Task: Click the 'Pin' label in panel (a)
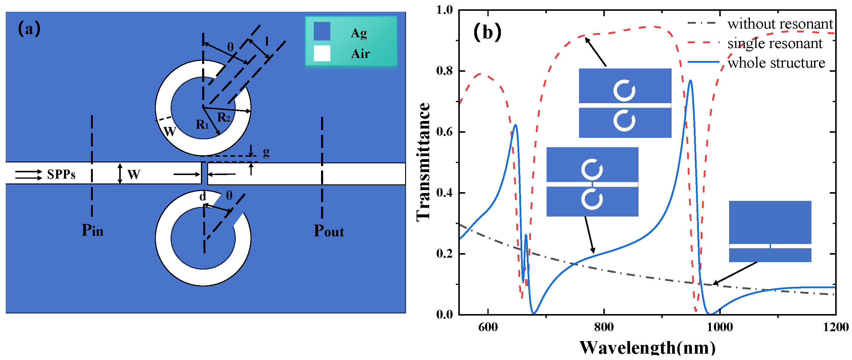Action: (x=92, y=230)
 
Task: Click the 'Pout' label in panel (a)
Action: (x=329, y=231)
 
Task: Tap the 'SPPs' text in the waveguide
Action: (x=61, y=174)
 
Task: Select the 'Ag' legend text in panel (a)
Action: (x=359, y=33)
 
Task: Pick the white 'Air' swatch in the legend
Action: (x=322, y=53)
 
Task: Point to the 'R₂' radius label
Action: (x=223, y=117)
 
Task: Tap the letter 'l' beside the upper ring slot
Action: (x=267, y=42)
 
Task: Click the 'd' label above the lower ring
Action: (x=202, y=197)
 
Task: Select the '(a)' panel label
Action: (x=29, y=29)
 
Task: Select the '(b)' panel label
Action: (x=487, y=32)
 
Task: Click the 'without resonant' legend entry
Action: (x=780, y=24)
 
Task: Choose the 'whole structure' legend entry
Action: (x=776, y=63)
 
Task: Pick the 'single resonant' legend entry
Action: (x=775, y=43)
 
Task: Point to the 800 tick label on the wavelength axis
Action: (x=604, y=327)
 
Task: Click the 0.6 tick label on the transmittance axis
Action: (x=444, y=132)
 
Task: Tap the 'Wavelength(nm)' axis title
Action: (x=647, y=348)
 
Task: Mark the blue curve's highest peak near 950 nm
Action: (x=690, y=80)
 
